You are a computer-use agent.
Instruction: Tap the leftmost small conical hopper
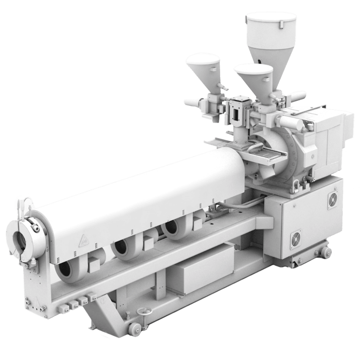(x=203, y=67)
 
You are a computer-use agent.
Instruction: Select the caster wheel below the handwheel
(x=134, y=328)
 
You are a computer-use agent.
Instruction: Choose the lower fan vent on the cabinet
(x=296, y=239)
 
